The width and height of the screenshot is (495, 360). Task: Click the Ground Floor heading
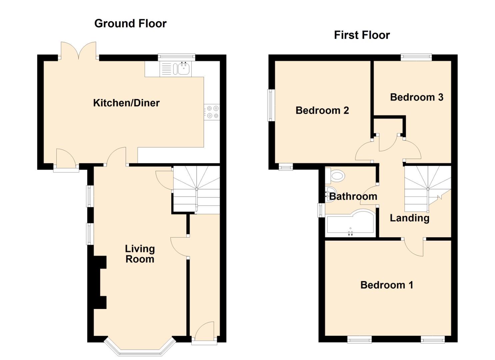130,24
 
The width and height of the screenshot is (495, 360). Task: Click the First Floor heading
362,35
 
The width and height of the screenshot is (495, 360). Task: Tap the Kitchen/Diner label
126,103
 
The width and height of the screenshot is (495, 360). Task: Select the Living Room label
140,254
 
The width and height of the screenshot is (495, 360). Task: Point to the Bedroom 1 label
387,285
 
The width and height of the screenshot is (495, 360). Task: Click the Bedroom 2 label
322,110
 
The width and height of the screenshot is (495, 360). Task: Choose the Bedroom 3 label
416,97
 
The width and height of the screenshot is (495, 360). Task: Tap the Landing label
409,218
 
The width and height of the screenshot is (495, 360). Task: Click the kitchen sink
183,69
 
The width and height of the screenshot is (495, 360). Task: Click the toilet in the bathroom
335,176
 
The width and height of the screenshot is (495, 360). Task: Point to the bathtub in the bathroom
351,223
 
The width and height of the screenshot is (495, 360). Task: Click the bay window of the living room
140,348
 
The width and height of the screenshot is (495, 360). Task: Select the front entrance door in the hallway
204,332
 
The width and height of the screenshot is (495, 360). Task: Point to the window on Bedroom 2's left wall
271,105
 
